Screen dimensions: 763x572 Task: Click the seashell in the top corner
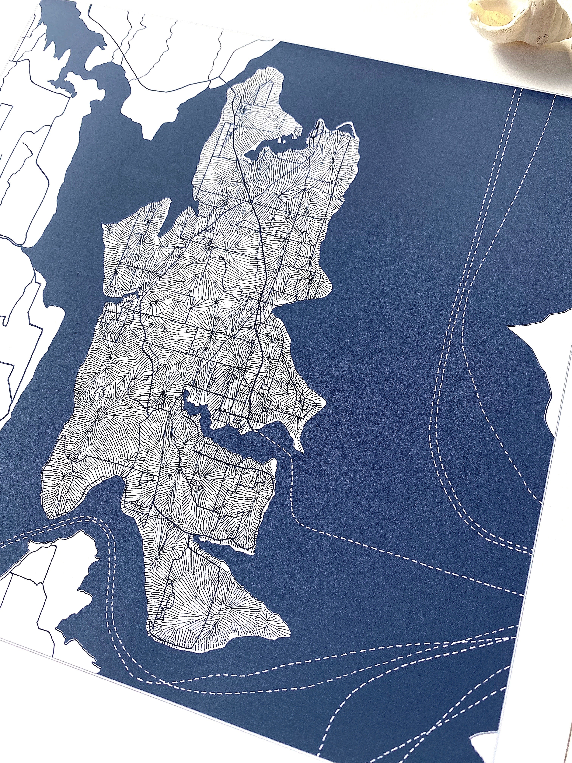pos(524,24)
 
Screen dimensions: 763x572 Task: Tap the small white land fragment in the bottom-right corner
pos(490,748)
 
